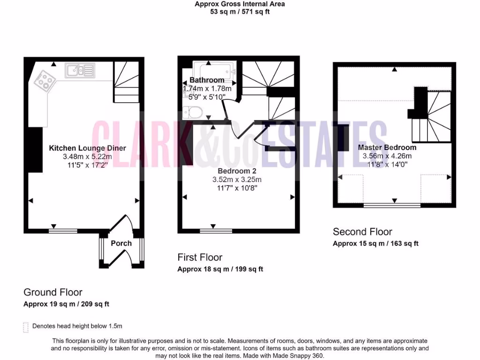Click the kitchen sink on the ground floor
(80, 71)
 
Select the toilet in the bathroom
(193, 112)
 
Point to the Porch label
(121, 243)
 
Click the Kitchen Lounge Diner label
(87, 148)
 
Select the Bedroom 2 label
(237, 171)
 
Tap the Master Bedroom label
(387, 147)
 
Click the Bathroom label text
(207, 80)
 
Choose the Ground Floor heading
(53, 293)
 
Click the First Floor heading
(200, 257)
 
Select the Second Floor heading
(362, 232)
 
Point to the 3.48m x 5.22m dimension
(87, 157)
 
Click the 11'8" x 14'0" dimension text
(387, 165)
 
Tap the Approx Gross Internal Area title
(240, 4)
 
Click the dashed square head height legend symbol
(25, 327)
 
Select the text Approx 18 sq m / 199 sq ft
(220, 269)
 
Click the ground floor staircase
(125, 82)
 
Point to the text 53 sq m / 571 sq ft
(240, 12)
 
